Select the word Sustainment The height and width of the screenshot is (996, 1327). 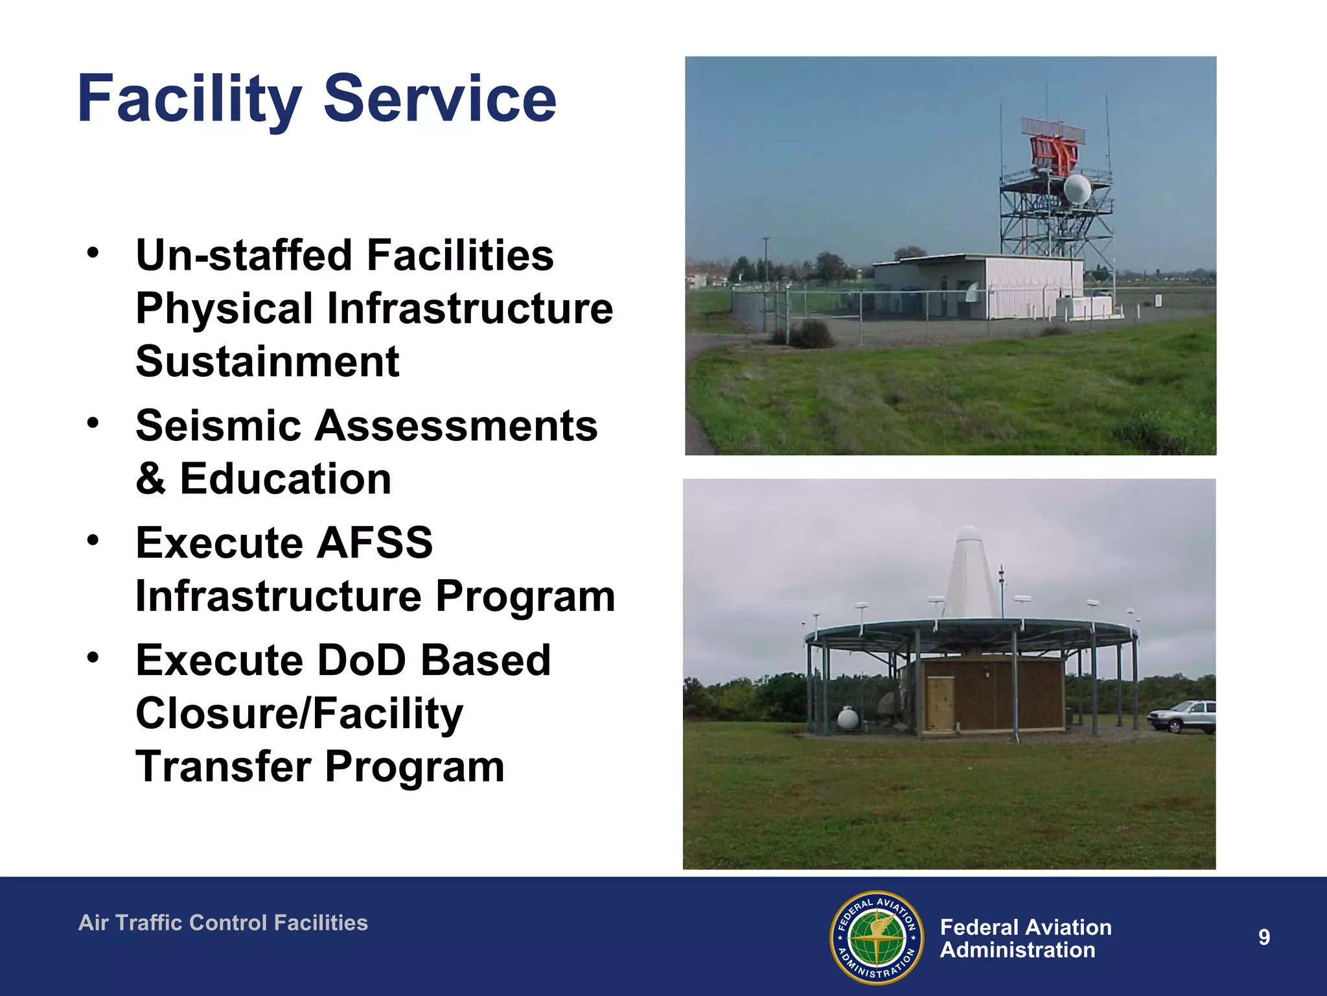click(x=267, y=361)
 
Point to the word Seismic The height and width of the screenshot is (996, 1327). click(x=218, y=426)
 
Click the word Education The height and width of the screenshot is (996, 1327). click(x=285, y=479)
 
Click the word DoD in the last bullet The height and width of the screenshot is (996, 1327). click(x=361, y=661)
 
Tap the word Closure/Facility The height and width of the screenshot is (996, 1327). click(x=299, y=714)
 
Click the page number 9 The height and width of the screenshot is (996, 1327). click(x=1264, y=937)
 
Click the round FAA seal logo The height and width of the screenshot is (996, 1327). click(x=877, y=937)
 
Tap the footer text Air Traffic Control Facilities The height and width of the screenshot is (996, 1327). click(x=223, y=923)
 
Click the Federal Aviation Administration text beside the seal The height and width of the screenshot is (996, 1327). click(x=1025, y=938)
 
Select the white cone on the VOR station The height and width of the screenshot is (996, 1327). click(x=969, y=574)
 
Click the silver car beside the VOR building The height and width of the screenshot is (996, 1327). click(x=1183, y=717)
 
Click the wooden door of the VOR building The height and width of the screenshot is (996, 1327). click(x=940, y=703)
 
